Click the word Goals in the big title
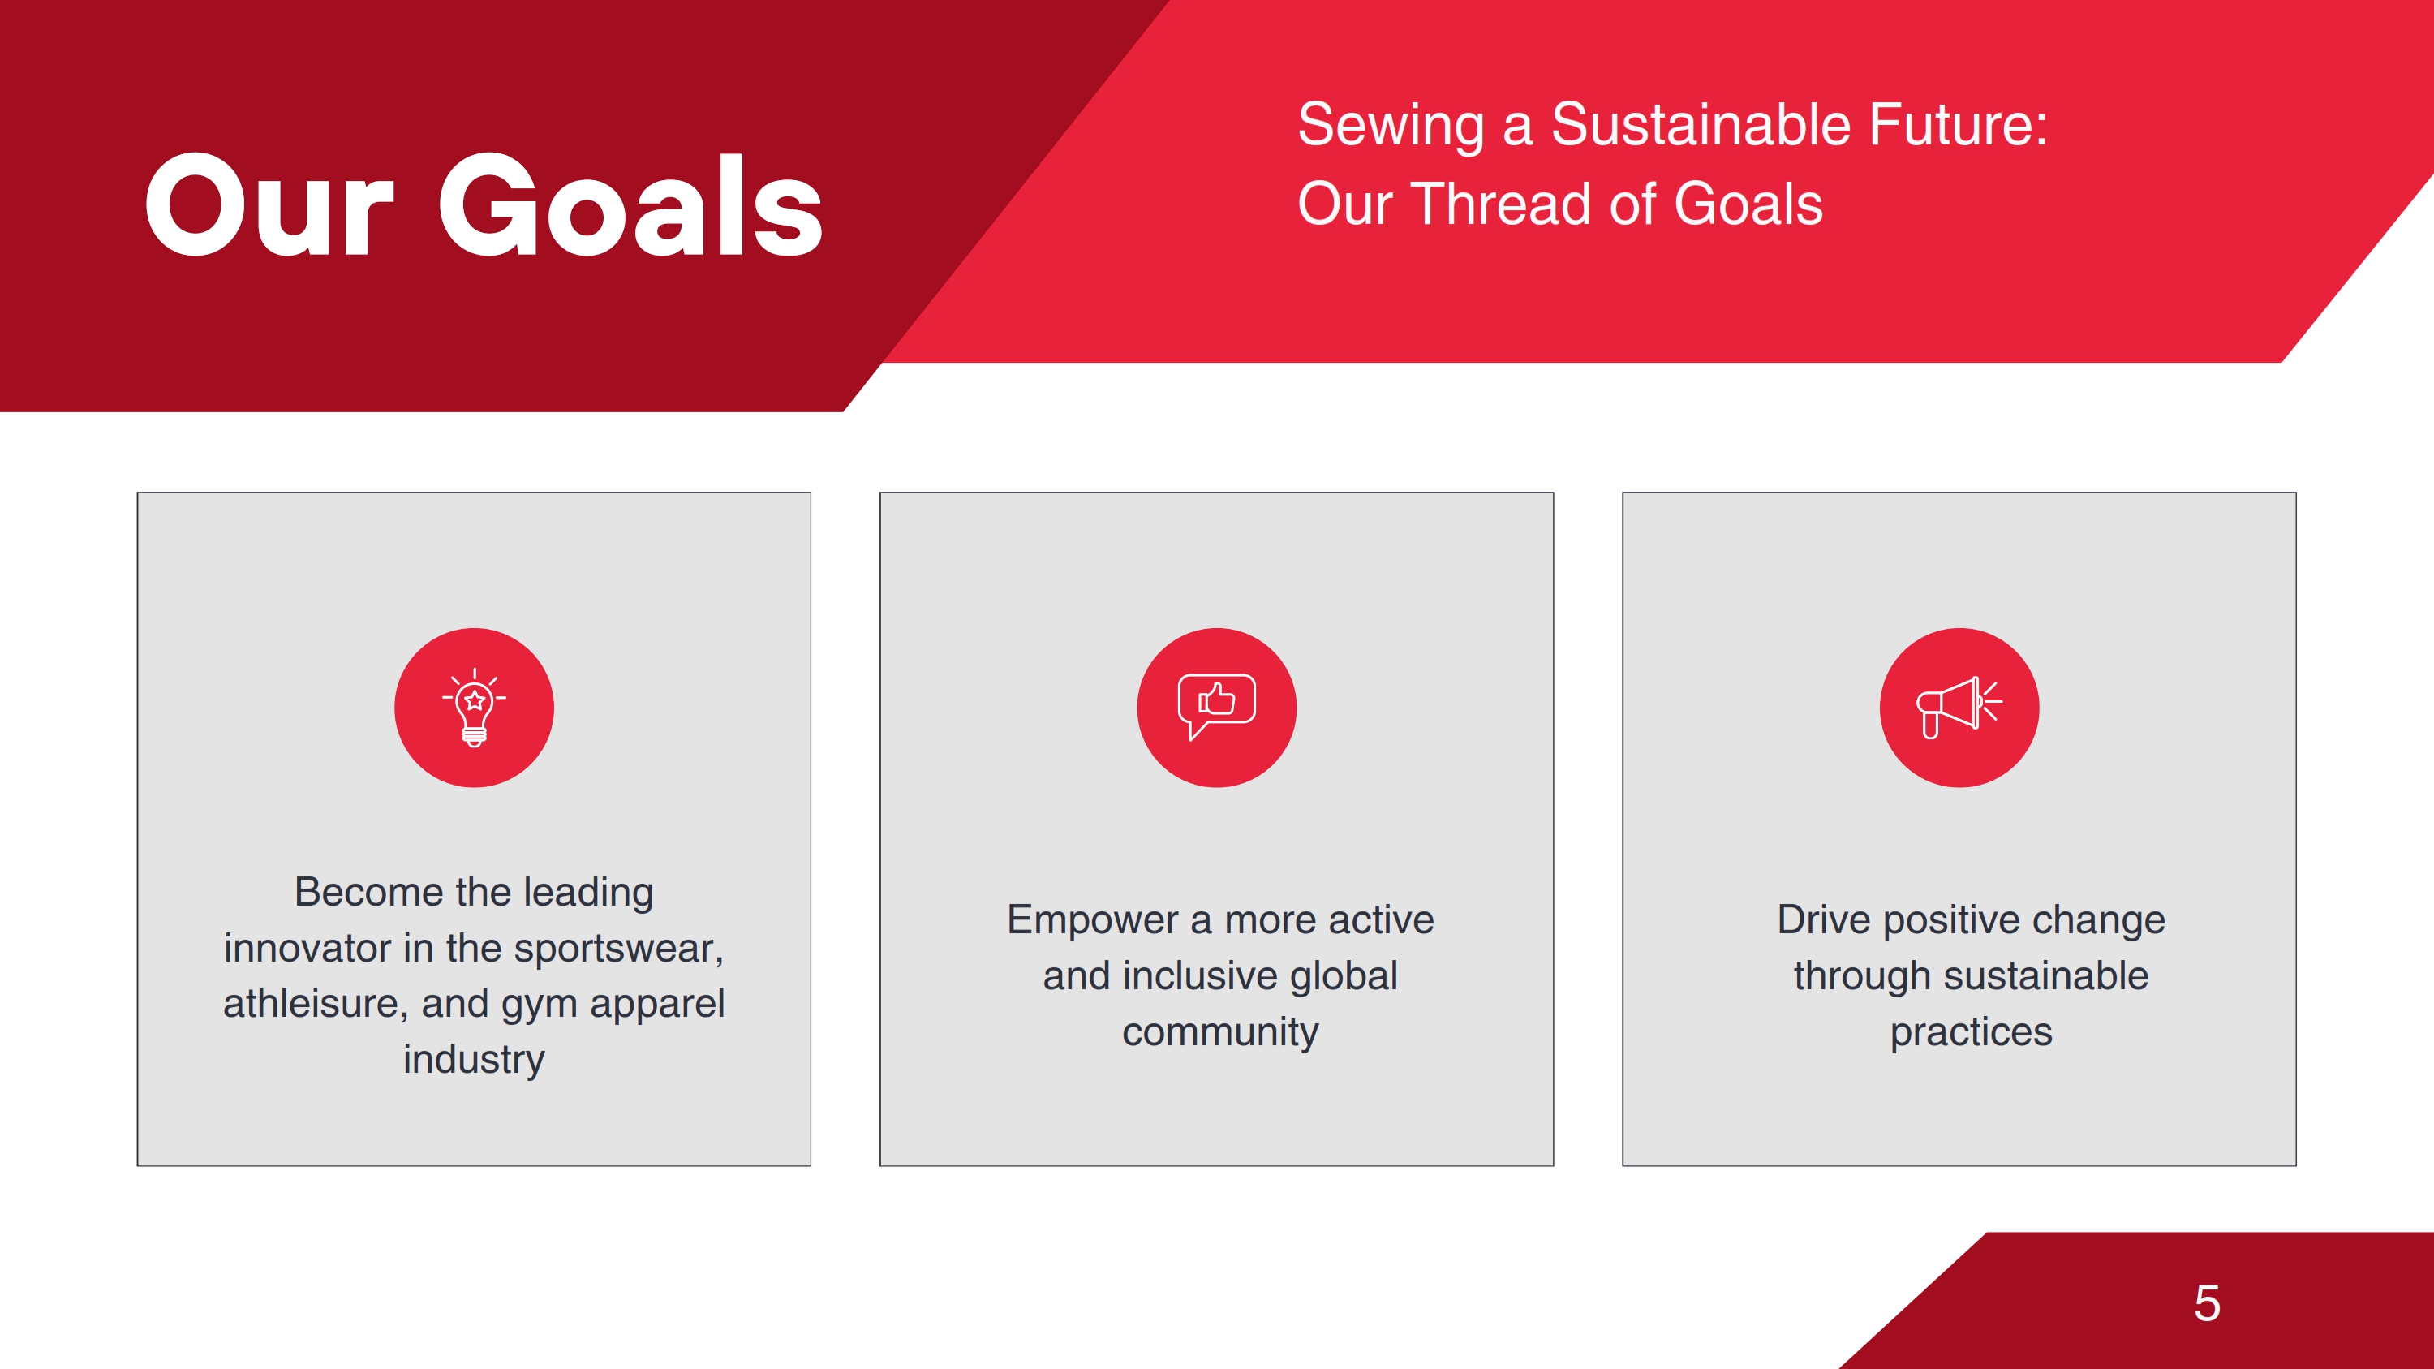pos(630,205)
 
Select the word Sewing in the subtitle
pos(1391,127)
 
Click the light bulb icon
pos(475,708)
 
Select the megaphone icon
pos(1959,708)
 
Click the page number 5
pos(2207,1304)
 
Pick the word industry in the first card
pos(475,1060)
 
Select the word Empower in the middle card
pos(1091,921)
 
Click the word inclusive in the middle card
pos(1200,976)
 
